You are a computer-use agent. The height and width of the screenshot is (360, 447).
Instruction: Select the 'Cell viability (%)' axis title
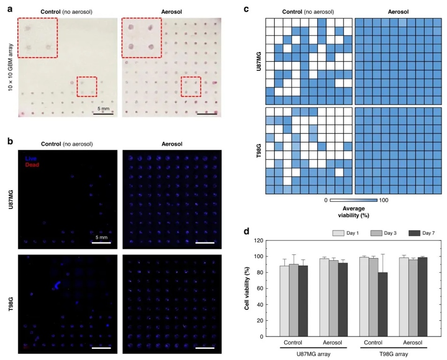(248, 288)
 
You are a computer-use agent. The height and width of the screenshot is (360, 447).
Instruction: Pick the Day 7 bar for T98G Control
(383, 304)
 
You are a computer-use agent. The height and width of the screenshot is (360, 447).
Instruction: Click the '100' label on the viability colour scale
(383, 200)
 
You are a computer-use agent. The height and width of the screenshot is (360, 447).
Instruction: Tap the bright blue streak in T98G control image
(57, 285)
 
